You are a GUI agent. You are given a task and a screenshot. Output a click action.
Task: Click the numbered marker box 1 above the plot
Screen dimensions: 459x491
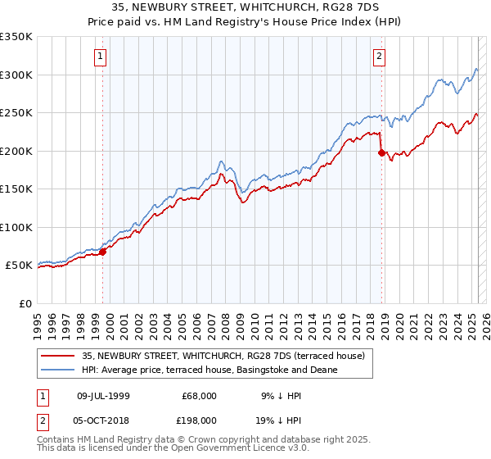coord(100,57)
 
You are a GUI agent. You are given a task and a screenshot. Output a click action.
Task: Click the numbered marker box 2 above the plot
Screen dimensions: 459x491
coord(380,57)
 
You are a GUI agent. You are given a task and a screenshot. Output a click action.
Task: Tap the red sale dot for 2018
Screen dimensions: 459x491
coord(381,152)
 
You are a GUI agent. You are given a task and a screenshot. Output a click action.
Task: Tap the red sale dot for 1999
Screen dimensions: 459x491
coord(103,252)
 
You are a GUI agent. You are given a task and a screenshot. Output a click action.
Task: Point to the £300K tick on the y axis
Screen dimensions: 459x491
coord(16,75)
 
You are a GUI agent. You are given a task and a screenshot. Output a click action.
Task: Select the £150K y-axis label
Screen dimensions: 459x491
coord(16,189)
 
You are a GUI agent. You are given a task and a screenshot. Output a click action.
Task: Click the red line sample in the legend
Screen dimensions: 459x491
coord(59,355)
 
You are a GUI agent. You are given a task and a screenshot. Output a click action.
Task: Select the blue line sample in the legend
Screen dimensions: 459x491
coord(59,370)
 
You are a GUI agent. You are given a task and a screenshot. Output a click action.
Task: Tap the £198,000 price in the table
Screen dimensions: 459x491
coord(200,420)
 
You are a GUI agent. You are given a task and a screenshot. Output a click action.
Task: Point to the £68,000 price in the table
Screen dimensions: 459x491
coord(200,396)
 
